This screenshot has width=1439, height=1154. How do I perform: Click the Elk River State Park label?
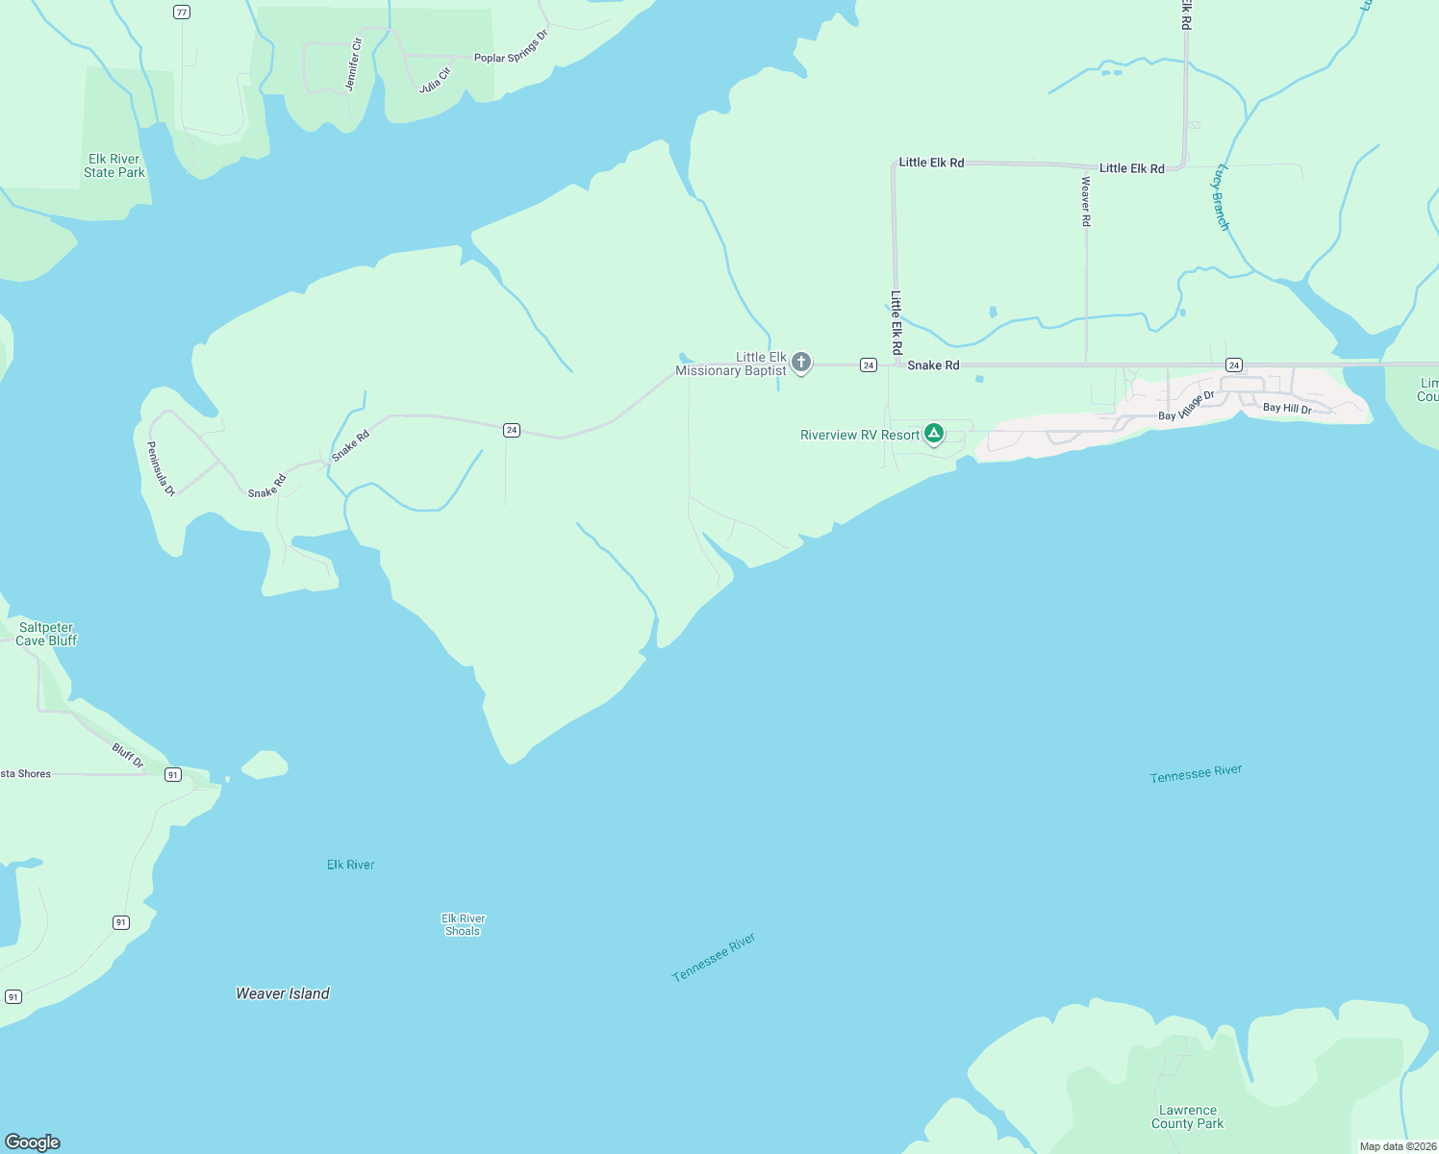[114, 166]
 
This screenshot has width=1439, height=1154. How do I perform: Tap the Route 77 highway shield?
[182, 12]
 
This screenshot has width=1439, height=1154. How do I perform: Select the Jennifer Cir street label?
[353, 64]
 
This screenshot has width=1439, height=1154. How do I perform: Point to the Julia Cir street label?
[435, 80]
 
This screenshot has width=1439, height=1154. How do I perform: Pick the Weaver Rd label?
[1086, 201]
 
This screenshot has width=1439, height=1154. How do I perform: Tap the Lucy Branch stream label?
[1221, 197]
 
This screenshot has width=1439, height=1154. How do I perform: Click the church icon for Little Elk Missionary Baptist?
[800, 363]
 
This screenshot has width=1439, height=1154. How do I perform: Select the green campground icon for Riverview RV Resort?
[933, 434]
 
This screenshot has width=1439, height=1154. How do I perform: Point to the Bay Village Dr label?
[1186, 406]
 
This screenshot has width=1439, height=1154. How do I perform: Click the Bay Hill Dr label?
[1287, 409]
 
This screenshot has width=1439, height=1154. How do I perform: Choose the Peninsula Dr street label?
[161, 468]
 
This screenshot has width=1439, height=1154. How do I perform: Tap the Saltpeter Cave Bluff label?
[46, 634]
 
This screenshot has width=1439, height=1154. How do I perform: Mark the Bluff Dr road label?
[128, 755]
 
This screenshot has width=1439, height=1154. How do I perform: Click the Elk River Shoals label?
[463, 924]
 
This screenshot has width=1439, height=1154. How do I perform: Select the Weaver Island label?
[283, 993]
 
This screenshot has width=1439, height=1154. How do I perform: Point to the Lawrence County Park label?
[1187, 1116]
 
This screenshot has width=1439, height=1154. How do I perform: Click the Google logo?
[33, 1141]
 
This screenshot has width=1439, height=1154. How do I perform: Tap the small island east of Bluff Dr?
[265, 765]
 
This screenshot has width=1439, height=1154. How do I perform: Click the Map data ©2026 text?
[1398, 1146]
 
